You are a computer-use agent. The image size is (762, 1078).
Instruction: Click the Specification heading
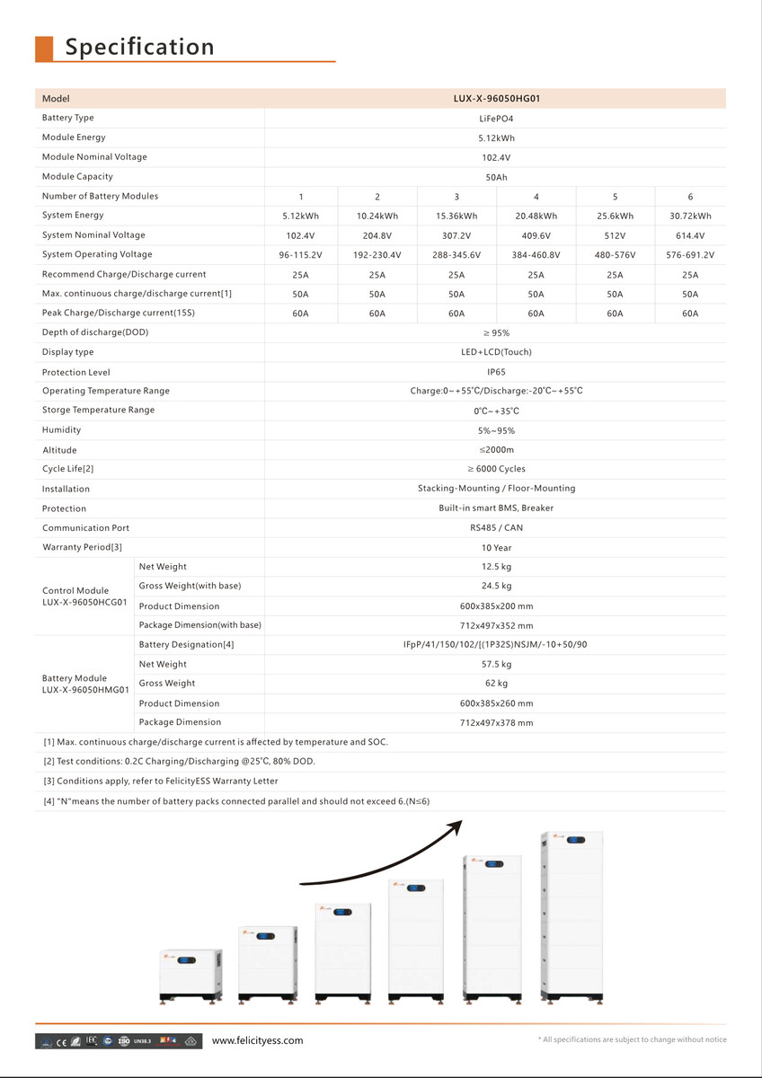[x=139, y=47]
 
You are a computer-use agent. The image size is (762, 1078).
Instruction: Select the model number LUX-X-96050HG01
[x=496, y=99]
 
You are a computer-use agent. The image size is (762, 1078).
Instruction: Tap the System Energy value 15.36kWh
[x=456, y=216]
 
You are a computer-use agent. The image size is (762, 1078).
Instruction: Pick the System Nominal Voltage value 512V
[x=615, y=235]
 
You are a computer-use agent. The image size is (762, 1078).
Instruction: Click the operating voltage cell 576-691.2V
[x=689, y=255]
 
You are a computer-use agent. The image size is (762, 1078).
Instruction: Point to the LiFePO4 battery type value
[x=496, y=119]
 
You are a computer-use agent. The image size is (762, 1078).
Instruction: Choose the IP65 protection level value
[x=496, y=372]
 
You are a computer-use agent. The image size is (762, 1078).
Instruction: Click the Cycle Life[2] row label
[x=68, y=469]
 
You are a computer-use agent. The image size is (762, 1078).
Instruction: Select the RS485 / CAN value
[x=496, y=528]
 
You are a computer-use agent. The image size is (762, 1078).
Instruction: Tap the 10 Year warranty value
[x=496, y=548]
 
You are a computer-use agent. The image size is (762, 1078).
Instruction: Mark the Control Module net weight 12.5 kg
[x=496, y=567]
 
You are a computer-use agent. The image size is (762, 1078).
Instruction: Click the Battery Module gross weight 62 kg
[x=496, y=684]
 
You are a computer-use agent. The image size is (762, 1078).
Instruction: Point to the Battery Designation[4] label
[x=186, y=645]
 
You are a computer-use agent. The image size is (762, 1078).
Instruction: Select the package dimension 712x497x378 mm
[x=496, y=722]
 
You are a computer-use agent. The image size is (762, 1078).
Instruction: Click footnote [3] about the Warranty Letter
[x=161, y=782]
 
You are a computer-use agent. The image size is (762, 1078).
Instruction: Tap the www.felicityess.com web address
[x=257, y=1040]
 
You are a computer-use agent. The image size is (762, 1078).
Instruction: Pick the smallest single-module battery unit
[x=190, y=974]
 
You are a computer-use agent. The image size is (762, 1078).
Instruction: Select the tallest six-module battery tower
[x=571, y=916]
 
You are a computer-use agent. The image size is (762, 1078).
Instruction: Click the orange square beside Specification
[x=44, y=49]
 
